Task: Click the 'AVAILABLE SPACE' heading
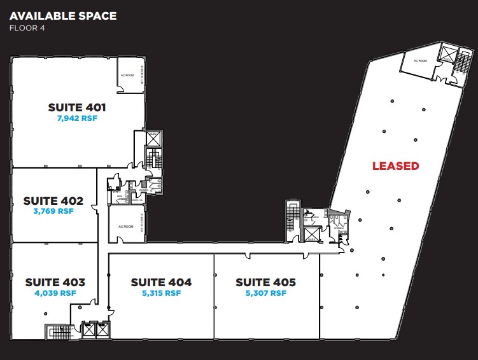click(x=63, y=15)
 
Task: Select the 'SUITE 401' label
click(x=77, y=107)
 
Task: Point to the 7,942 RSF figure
click(x=77, y=118)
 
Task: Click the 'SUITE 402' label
click(x=53, y=200)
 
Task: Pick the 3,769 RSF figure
click(x=53, y=211)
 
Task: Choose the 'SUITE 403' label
click(x=55, y=282)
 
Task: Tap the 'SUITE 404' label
click(x=161, y=282)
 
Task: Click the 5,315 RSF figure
click(x=161, y=293)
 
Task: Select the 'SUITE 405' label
click(x=265, y=282)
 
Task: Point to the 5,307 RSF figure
click(x=265, y=293)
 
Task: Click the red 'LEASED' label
click(x=395, y=166)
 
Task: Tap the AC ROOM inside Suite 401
click(x=127, y=75)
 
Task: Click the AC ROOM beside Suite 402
click(x=125, y=226)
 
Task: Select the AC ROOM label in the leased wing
click(x=419, y=60)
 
